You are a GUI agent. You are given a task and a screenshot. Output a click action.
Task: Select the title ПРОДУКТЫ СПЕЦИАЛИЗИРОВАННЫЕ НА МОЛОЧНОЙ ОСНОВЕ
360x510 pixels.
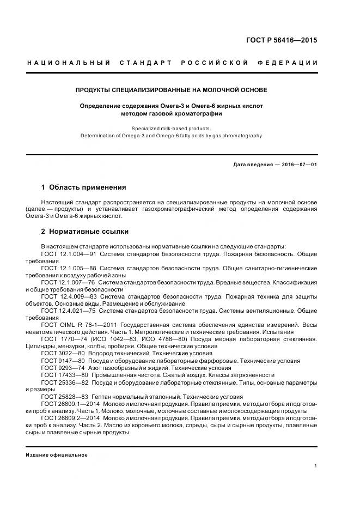tap(171, 89)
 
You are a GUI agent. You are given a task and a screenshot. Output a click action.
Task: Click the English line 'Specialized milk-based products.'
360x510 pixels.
tap(171, 129)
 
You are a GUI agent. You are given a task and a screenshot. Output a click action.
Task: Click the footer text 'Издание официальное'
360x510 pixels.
tap(57, 455)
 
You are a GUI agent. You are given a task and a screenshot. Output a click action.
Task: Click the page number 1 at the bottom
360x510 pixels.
tap(316, 466)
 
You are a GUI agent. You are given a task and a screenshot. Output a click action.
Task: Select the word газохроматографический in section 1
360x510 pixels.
tap(200, 209)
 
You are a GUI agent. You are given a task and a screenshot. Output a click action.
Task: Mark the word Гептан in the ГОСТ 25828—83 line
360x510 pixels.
tap(103, 397)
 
